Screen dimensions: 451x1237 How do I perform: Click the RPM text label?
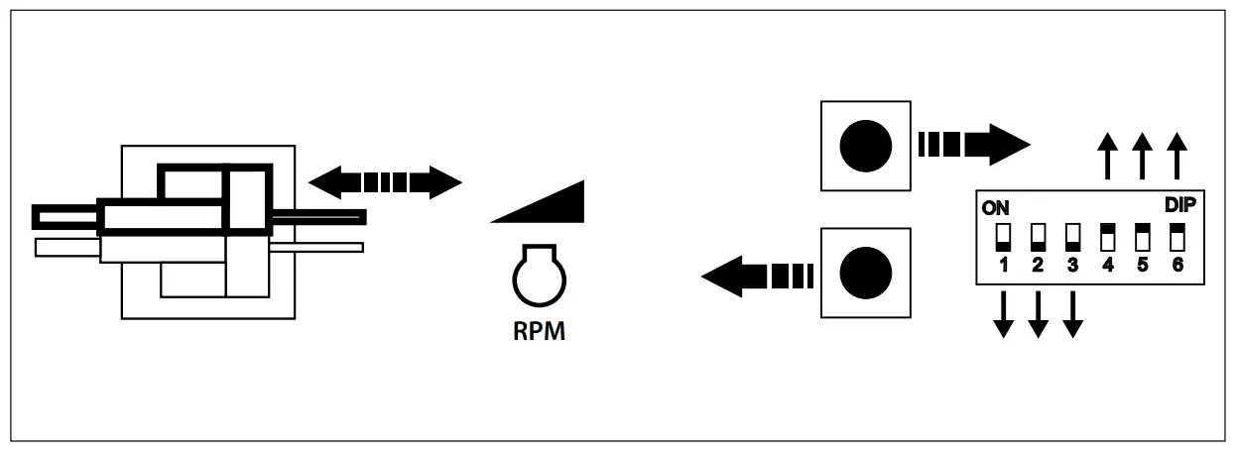coord(539,331)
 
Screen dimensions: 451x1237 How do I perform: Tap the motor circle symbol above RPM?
coord(538,278)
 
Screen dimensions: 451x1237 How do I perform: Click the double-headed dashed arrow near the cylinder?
coord(385,181)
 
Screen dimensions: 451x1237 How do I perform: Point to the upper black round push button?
coord(866,146)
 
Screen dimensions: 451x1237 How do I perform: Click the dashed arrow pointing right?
coord(973,145)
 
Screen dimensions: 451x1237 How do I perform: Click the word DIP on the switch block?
coord(1180,205)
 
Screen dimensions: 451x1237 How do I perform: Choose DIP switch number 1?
coord(1003,238)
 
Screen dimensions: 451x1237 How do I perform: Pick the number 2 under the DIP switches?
coord(1039,265)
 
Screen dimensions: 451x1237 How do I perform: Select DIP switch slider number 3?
coord(1072,238)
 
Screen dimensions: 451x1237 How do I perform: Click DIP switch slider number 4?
coord(1108,238)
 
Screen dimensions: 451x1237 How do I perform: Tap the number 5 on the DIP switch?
coord(1143,265)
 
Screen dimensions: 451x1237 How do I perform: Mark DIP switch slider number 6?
coord(1177,238)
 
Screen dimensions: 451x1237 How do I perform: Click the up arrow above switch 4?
coord(1108,156)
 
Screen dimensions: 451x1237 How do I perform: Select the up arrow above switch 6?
coord(1176,156)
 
